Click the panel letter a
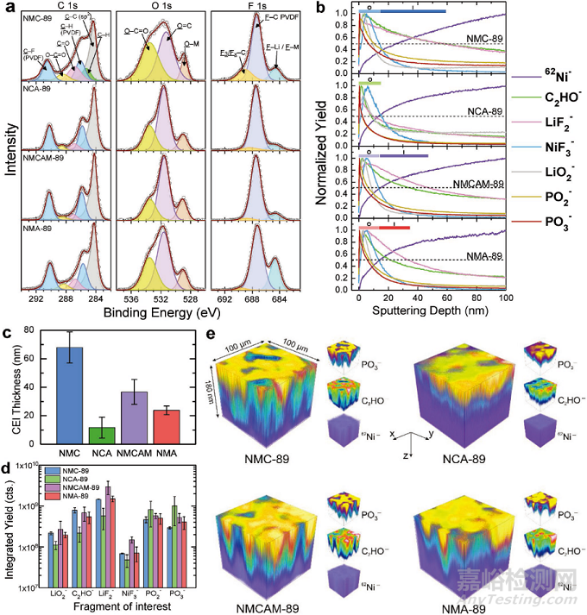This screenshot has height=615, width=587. (x=8, y=9)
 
